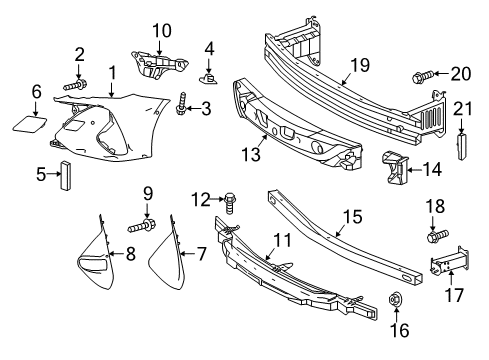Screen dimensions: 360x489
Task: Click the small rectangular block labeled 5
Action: click(x=68, y=174)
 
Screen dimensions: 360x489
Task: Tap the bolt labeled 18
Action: click(x=437, y=238)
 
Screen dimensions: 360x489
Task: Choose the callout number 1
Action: click(x=112, y=71)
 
